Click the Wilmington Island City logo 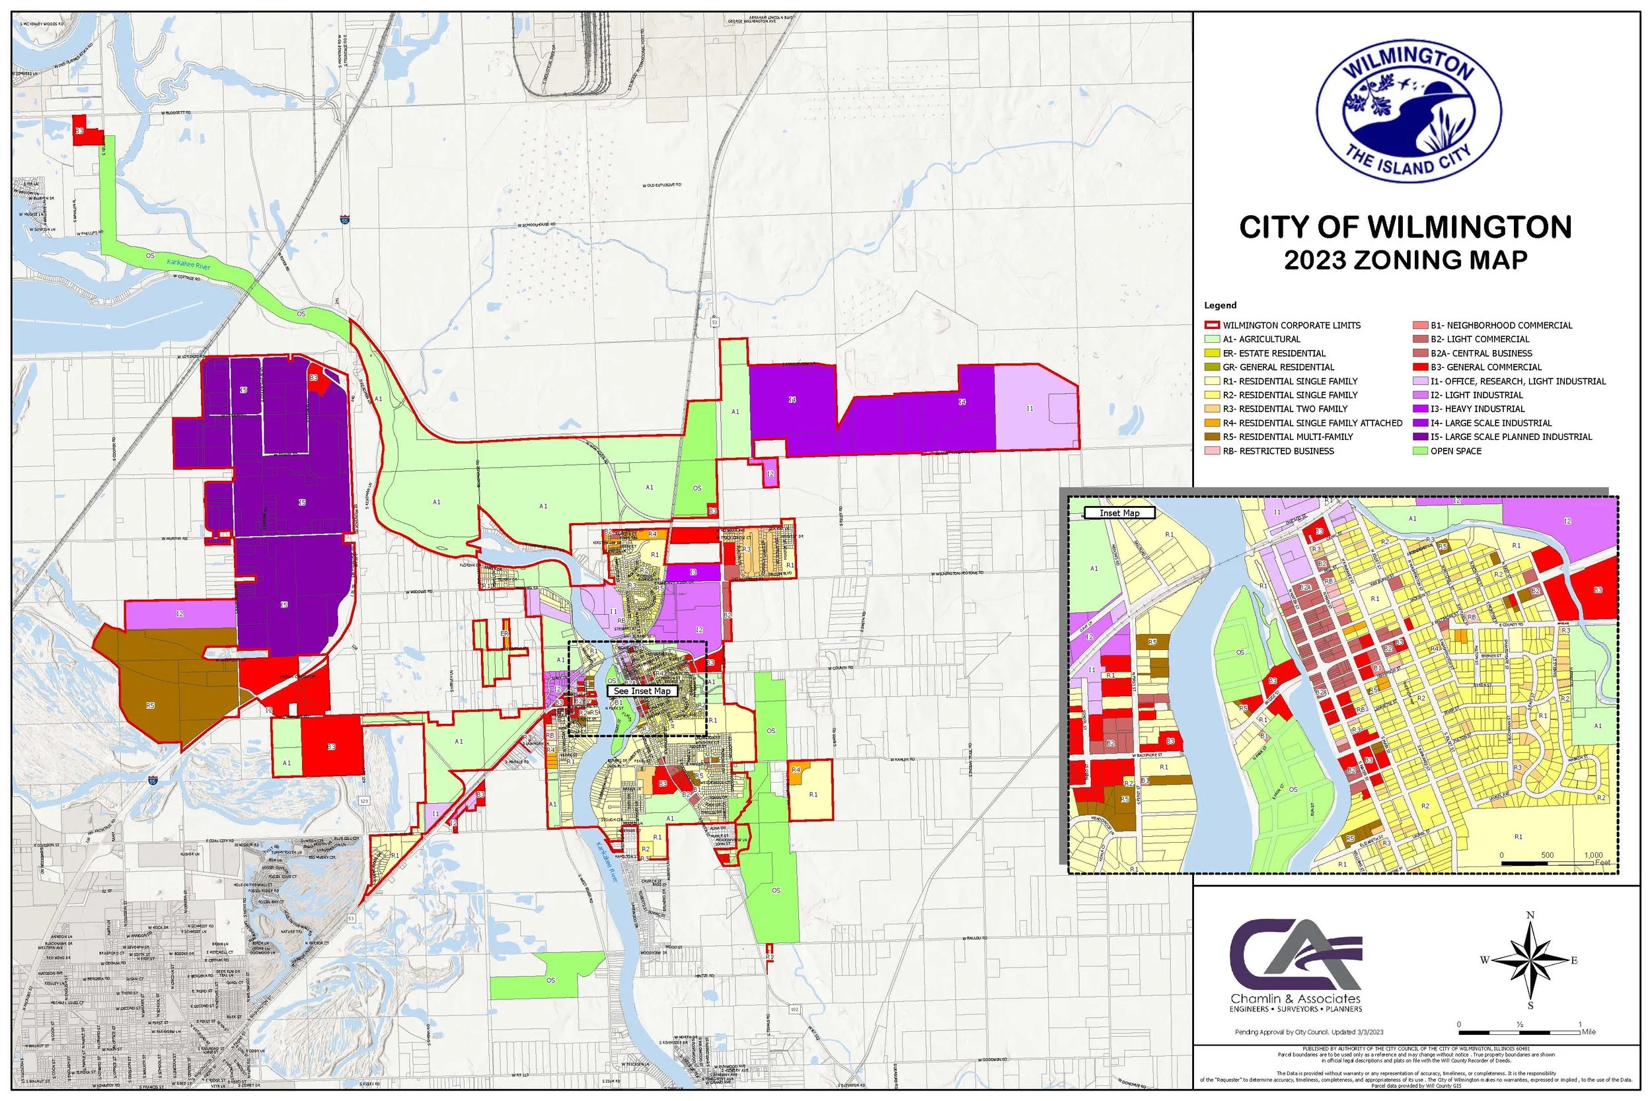coord(1408,112)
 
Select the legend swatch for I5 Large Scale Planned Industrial coord(1419,437)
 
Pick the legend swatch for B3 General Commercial coord(1419,367)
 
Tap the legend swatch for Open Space coord(1419,451)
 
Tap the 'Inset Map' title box coord(1119,513)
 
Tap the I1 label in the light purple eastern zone coord(1030,409)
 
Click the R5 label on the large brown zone coord(149,705)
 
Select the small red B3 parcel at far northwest coord(80,131)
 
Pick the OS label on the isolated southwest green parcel coord(550,980)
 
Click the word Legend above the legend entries coord(1220,305)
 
